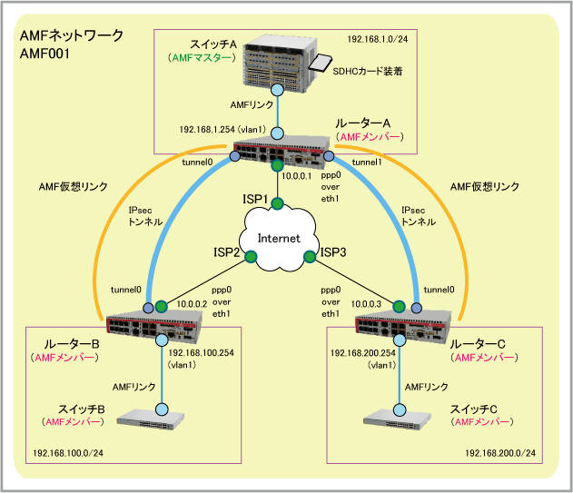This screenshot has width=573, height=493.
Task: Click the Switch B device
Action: pyautogui.click(x=163, y=420)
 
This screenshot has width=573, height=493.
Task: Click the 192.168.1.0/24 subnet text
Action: pyautogui.click(x=377, y=40)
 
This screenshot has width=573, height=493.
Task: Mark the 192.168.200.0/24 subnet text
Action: pyautogui.click(x=499, y=452)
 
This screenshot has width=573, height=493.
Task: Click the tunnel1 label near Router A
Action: pyautogui.click(x=366, y=162)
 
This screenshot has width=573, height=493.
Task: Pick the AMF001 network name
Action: pyautogui.click(x=44, y=54)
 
